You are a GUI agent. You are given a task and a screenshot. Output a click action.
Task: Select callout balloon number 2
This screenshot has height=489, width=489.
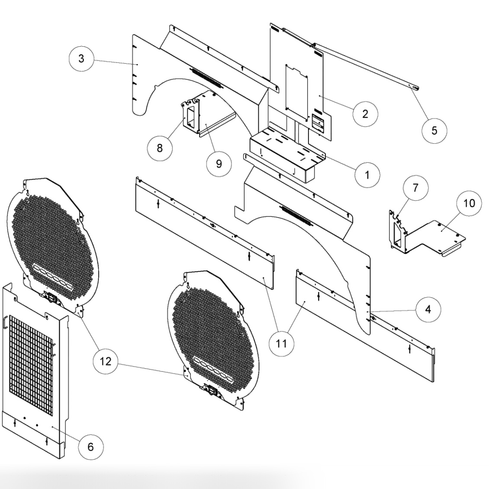pos(365,114)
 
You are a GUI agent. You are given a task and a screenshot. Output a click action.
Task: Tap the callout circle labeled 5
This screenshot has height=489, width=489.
pos(434,130)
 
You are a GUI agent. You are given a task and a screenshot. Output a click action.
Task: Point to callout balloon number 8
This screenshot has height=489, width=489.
pos(160,148)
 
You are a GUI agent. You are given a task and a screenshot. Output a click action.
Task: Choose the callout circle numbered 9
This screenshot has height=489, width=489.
pos(219,164)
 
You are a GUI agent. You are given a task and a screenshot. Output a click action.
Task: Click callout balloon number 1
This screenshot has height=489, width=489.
pos(367,174)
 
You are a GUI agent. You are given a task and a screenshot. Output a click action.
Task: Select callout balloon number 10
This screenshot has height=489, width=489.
pos(470,203)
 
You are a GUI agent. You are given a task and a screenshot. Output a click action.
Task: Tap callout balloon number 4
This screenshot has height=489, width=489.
pos(428,310)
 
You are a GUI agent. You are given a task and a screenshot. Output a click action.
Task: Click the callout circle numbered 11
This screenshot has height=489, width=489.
pos(282,344)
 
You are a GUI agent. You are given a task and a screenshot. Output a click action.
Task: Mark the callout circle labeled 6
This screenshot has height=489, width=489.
pos(90,447)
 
